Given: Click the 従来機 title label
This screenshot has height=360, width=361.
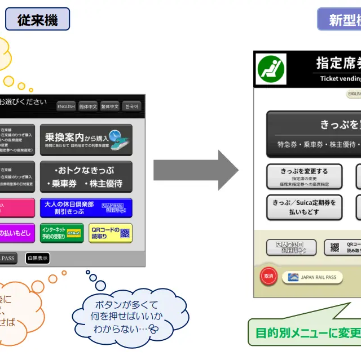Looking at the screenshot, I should pos(37,20).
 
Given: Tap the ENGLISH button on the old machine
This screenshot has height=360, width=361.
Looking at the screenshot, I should pos(66,106).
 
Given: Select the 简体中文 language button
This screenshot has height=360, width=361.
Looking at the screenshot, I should pos(88,106).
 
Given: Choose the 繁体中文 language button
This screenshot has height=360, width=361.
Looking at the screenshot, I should pos(109,106).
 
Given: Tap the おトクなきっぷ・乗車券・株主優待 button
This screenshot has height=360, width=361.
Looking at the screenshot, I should pos(86,176).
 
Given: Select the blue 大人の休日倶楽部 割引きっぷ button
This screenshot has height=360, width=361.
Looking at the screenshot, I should pos(86,208).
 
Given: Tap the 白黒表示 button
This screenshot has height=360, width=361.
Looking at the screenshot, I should pos(37,258).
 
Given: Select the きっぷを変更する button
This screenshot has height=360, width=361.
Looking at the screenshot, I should pos(304,176).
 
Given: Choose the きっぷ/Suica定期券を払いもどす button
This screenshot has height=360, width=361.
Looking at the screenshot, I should pos(304,207).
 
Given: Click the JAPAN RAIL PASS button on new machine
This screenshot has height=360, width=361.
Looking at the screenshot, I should pos(312,277).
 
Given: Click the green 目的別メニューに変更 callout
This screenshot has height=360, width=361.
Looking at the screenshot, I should pos(305,332).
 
